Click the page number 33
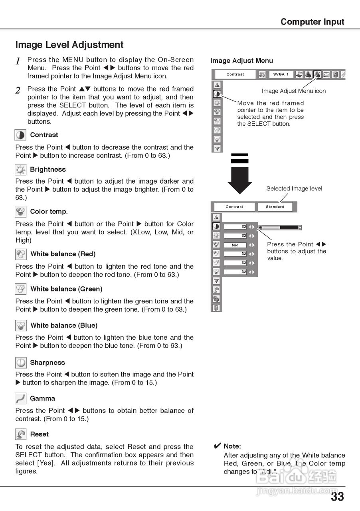coord(337,497)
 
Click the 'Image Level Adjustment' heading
coord(69,45)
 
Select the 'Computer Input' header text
coord(312,22)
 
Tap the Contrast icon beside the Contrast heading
coord(20,135)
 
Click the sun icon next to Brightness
coord(20,170)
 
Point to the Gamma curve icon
coord(20,398)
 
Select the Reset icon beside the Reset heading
coord(20,434)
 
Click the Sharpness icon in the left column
coord(20,362)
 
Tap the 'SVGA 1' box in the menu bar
coord(281,74)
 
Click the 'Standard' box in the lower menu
coord(275,207)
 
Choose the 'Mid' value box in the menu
coord(235,245)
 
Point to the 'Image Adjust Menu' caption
coord(241,61)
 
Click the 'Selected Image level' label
coord(294,188)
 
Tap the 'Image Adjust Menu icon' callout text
coord(294,91)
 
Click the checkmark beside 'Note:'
coord(218,446)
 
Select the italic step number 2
coord(18,91)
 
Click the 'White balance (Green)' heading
coord(66,289)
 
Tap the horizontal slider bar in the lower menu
coord(280,228)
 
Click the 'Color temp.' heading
coord(49,212)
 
